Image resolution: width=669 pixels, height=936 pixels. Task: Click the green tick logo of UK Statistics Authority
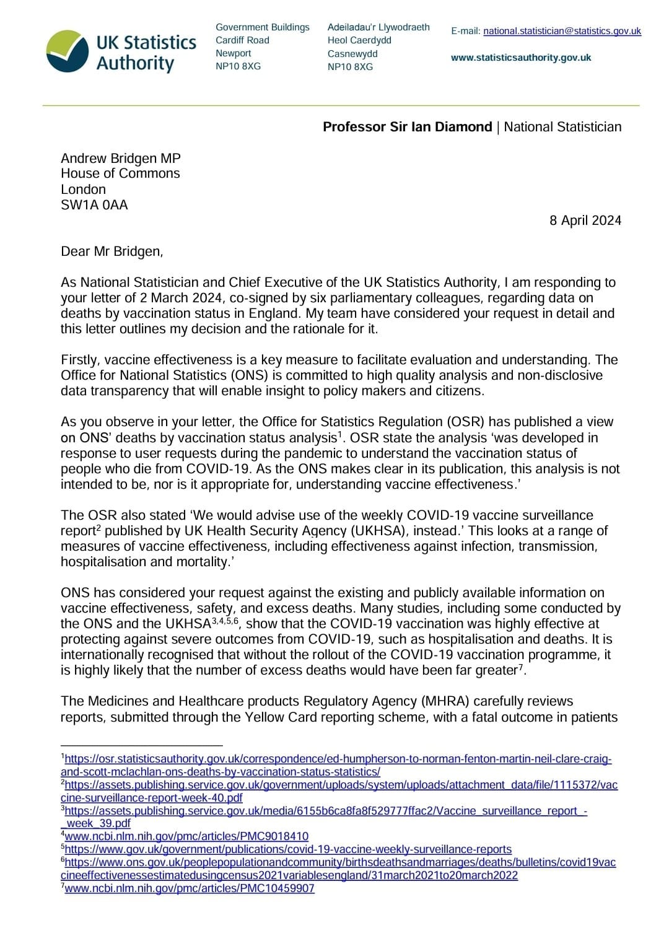coord(68,51)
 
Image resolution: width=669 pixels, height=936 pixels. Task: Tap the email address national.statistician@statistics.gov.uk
coord(562,30)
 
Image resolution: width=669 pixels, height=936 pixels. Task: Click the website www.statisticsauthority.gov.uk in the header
coord(521,58)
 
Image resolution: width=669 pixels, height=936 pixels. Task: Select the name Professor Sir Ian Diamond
coord(407,127)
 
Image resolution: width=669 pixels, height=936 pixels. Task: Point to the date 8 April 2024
coord(585,221)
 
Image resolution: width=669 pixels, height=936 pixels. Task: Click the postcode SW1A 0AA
coord(94,205)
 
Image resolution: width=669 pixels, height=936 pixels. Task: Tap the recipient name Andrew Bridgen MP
coord(121,158)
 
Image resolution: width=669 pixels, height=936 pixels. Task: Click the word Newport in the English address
coord(234,53)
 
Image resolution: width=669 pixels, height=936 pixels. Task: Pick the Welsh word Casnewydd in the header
coord(352,54)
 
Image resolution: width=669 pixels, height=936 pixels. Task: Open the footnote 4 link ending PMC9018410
coord(186,836)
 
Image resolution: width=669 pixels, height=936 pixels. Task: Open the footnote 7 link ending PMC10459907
coord(190,888)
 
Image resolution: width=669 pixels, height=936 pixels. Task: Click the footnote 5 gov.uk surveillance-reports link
coord(288,849)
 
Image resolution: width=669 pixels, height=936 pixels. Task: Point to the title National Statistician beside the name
coord(562,127)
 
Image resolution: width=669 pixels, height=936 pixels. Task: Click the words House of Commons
coord(120,173)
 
